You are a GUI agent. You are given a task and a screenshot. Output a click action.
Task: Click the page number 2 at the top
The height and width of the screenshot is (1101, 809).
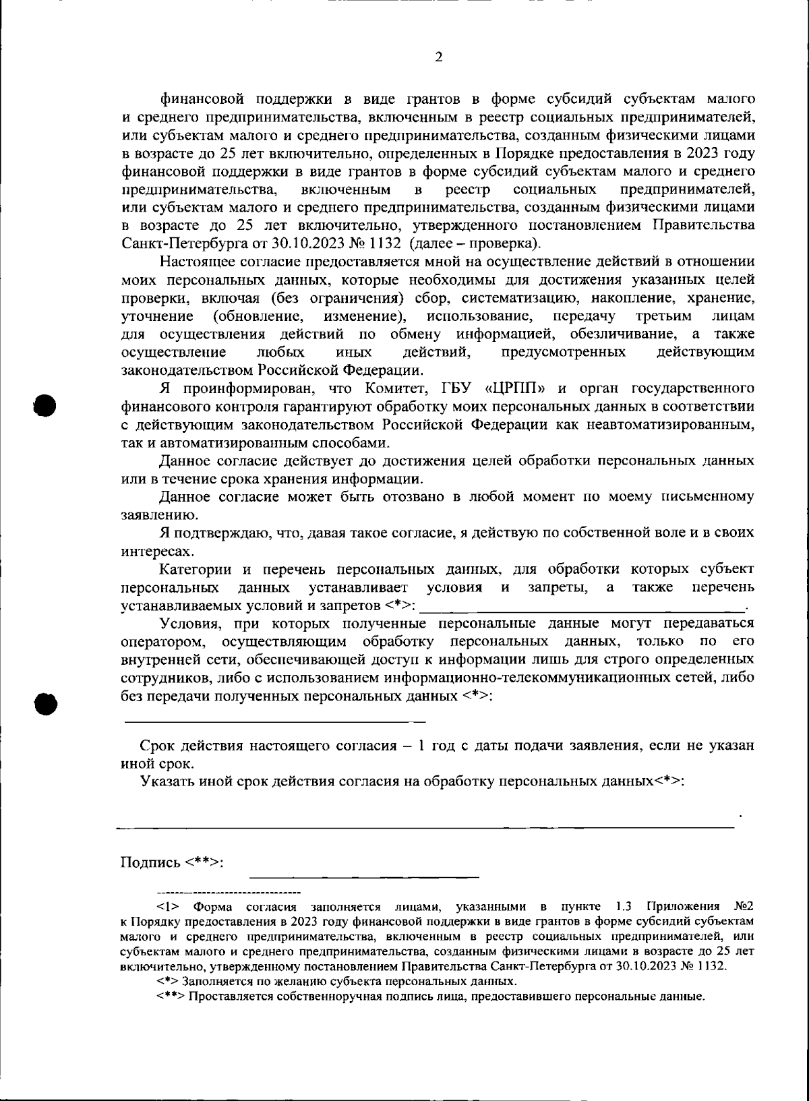click(x=438, y=57)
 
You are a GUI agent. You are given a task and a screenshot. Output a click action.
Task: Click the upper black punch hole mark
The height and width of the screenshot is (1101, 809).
click(x=44, y=406)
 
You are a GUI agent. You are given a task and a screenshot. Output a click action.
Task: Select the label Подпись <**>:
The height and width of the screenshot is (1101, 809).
click(x=172, y=863)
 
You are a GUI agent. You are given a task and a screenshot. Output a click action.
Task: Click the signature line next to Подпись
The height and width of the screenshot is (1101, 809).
click(x=364, y=875)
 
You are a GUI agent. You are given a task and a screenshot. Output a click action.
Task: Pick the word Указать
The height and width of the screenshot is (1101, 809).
click(x=164, y=781)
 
